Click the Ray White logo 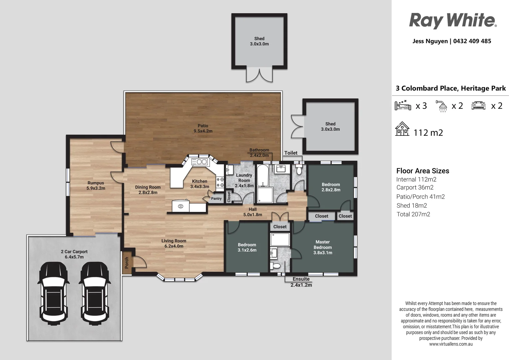point(453,21)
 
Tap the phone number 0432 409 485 point(472,41)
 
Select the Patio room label point(203,128)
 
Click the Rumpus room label point(96,186)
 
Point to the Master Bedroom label point(323,247)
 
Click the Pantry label point(216,199)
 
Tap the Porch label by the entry point(127,263)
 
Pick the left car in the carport point(54,293)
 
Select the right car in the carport point(95,293)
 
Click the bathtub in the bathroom point(262,176)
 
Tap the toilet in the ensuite point(275,266)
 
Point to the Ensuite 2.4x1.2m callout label point(301,282)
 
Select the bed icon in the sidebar point(403,105)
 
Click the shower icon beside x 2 point(441,106)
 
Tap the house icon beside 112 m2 point(402,129)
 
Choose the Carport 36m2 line point(415,188)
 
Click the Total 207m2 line point(413,214)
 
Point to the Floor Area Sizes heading point(423,171)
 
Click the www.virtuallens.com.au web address point(451,344)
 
